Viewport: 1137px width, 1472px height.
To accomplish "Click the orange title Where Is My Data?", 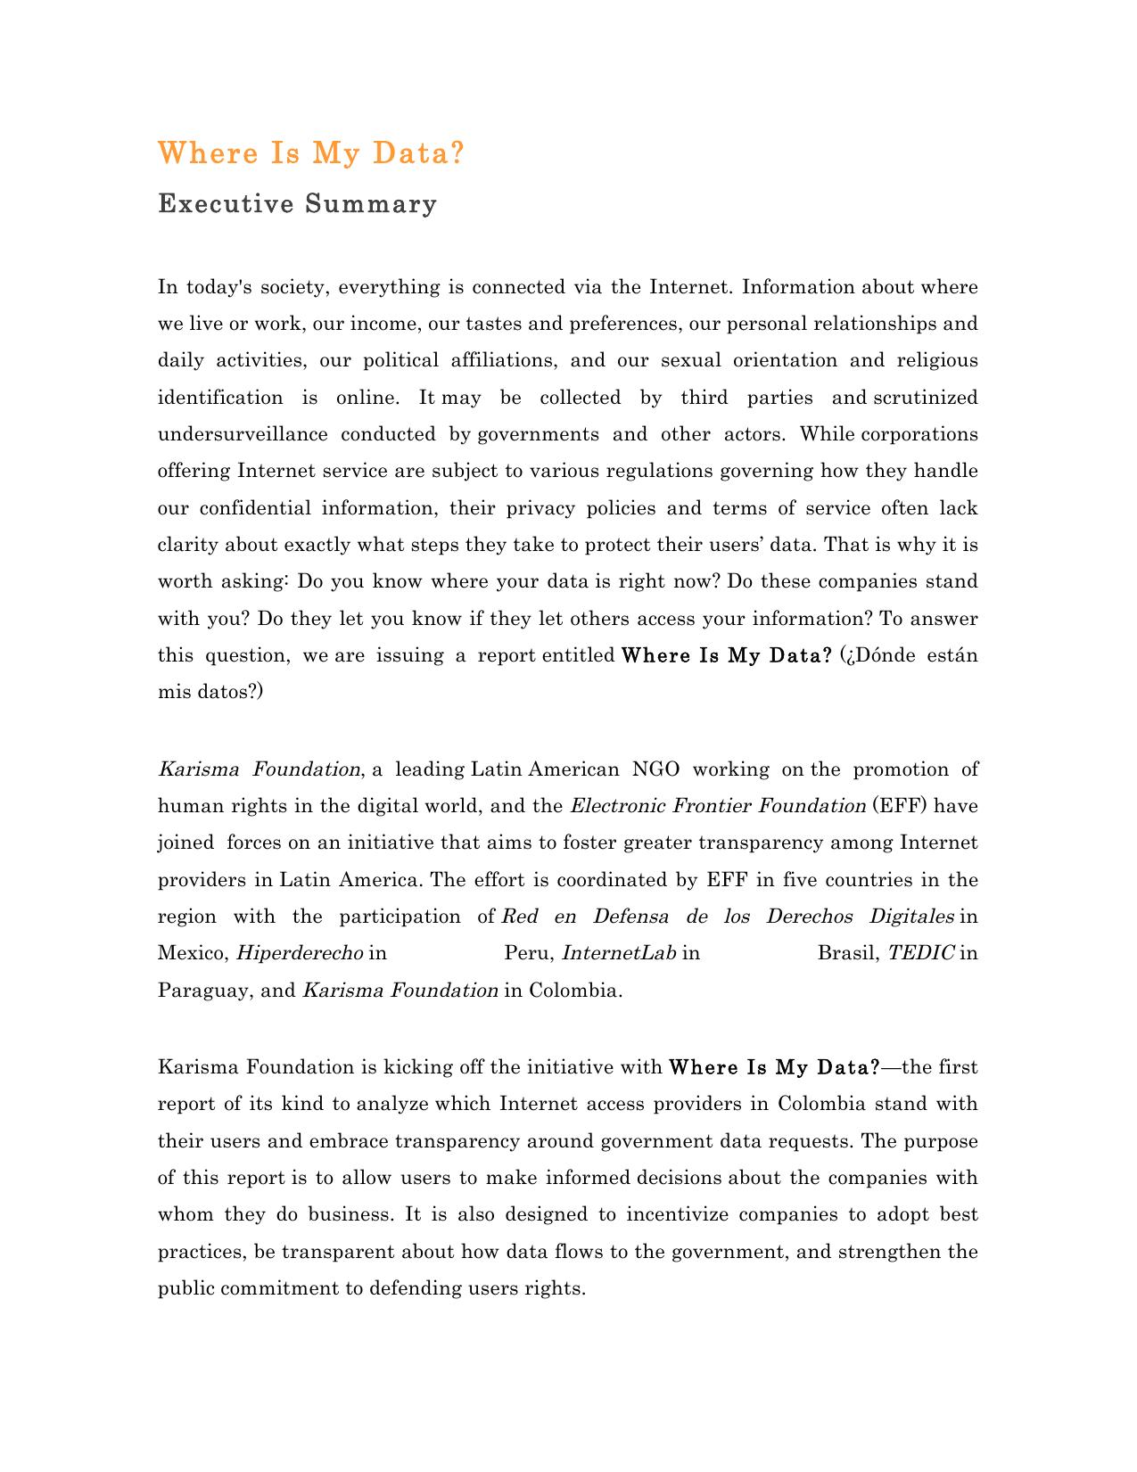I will click(311, 153).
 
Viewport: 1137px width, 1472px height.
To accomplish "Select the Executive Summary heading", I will click(297, 204).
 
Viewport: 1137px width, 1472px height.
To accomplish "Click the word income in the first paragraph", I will click(382, 324).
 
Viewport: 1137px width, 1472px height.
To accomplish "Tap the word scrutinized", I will click(925, 398).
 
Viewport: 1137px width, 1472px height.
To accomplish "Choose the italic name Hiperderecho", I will click(299, 953).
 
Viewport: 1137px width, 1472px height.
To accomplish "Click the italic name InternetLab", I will click(619, 953).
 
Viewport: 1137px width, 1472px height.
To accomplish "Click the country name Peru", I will click(530, 953).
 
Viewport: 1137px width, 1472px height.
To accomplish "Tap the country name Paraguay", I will click(202, 991).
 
